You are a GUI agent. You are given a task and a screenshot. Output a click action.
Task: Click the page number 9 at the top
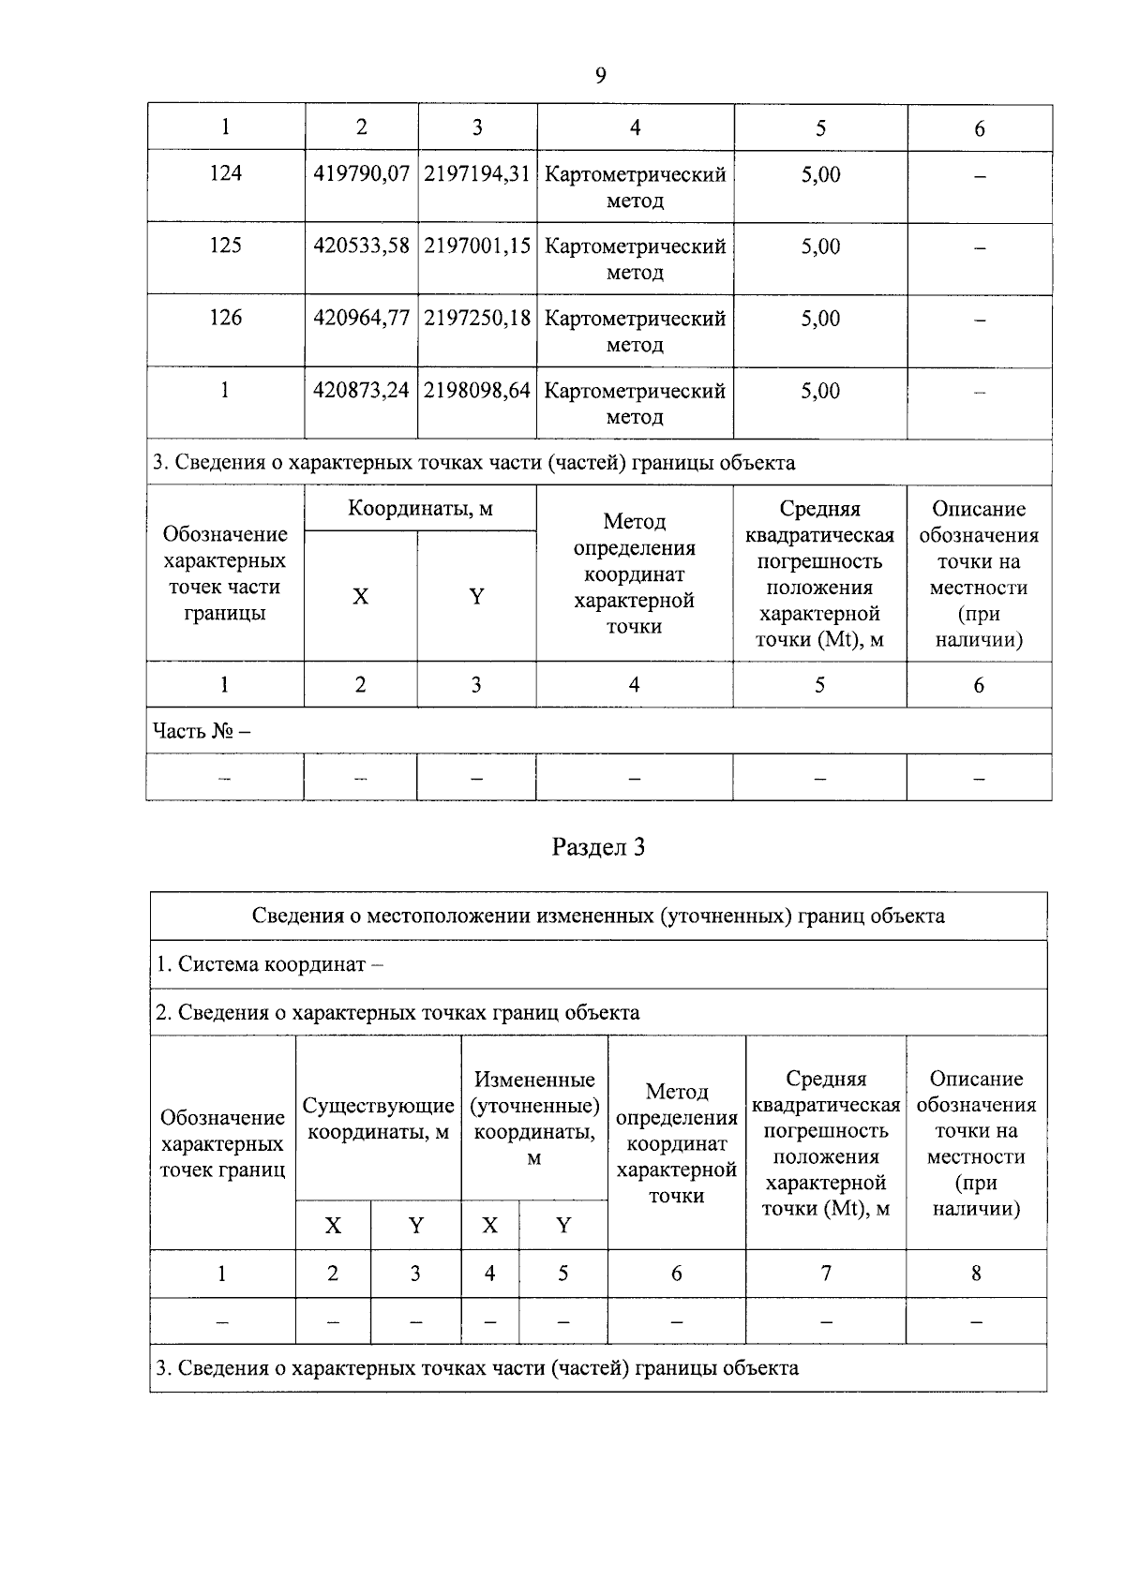click(x=600, y=75)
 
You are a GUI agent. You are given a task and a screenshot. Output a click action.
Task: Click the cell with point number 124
click(x=225, y=173)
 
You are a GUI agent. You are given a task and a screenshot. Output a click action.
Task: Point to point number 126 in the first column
click(x=225, y=318)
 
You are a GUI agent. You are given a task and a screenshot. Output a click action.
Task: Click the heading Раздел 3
click(x=599, y=847)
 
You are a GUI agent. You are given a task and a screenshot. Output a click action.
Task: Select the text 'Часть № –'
click(x=202, y=730)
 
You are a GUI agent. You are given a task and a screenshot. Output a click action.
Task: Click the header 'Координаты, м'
click(x=420, y=509)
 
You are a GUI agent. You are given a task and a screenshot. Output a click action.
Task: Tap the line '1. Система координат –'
click(x=270, y=964)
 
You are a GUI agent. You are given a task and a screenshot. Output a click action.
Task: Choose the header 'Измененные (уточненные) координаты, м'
click(x=534, y=1119)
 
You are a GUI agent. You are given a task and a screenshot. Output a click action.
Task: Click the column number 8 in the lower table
click(x=976, y=1273)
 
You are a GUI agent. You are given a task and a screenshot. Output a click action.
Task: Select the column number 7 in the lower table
click(x=826, y=1273)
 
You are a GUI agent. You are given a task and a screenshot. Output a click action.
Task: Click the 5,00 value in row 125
click(x=820, y=246)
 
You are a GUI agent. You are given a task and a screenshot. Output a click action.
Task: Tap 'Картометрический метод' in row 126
click(x=635, y=331)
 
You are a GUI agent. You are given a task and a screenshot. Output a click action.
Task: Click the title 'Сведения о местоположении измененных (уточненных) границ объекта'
click(x=598, y=916)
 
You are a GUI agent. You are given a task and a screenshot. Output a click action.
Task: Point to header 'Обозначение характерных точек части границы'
click(x=225, y=574)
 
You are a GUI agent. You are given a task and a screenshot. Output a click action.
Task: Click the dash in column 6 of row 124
click(x=980, y=176)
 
